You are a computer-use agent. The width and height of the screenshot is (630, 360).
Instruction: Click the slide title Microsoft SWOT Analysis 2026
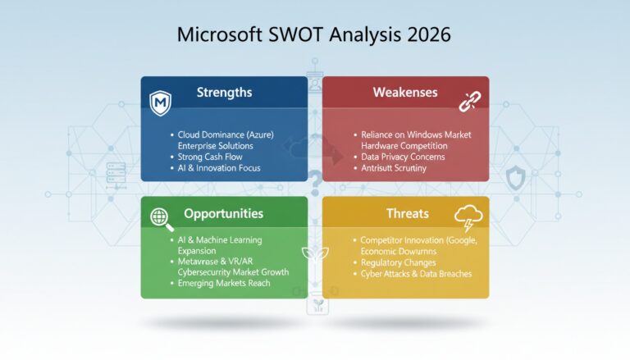point(314,37)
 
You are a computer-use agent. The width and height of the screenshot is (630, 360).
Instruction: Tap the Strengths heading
point(225,92)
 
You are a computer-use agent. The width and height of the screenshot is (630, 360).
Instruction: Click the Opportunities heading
point(223,213)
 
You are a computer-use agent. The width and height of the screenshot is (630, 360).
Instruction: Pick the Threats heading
point(407,213)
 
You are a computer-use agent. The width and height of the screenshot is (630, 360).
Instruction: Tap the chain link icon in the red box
point(471,102)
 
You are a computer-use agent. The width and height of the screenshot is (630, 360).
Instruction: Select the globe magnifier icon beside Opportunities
point(159,217)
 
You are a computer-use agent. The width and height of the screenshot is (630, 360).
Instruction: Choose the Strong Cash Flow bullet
point(212,157)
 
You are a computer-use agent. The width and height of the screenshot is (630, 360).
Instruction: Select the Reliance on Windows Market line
point(416,134)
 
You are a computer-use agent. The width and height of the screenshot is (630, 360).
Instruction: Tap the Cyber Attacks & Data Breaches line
point(416,274)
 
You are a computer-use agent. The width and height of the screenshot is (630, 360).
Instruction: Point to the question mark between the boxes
point(314,179)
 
